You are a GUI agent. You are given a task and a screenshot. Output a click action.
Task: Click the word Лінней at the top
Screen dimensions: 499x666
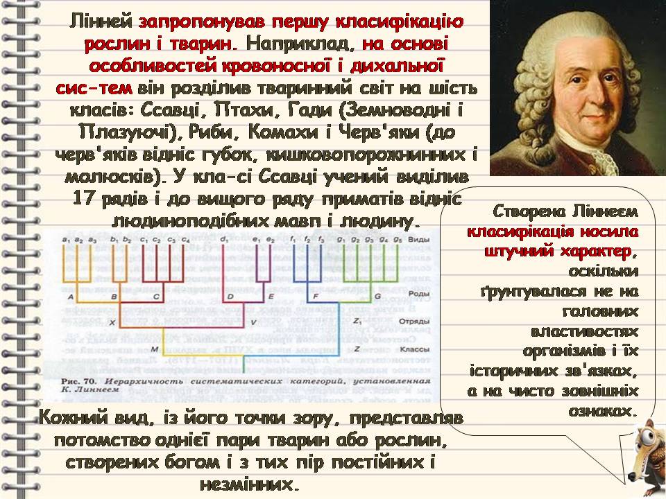(101, 21)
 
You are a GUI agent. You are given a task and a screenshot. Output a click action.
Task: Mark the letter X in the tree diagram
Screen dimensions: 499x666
(111, 322)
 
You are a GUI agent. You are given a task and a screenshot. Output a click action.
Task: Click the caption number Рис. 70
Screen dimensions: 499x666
(77, 380)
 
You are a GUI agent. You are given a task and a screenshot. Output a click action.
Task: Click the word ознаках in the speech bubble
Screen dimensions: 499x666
(602, 410)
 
